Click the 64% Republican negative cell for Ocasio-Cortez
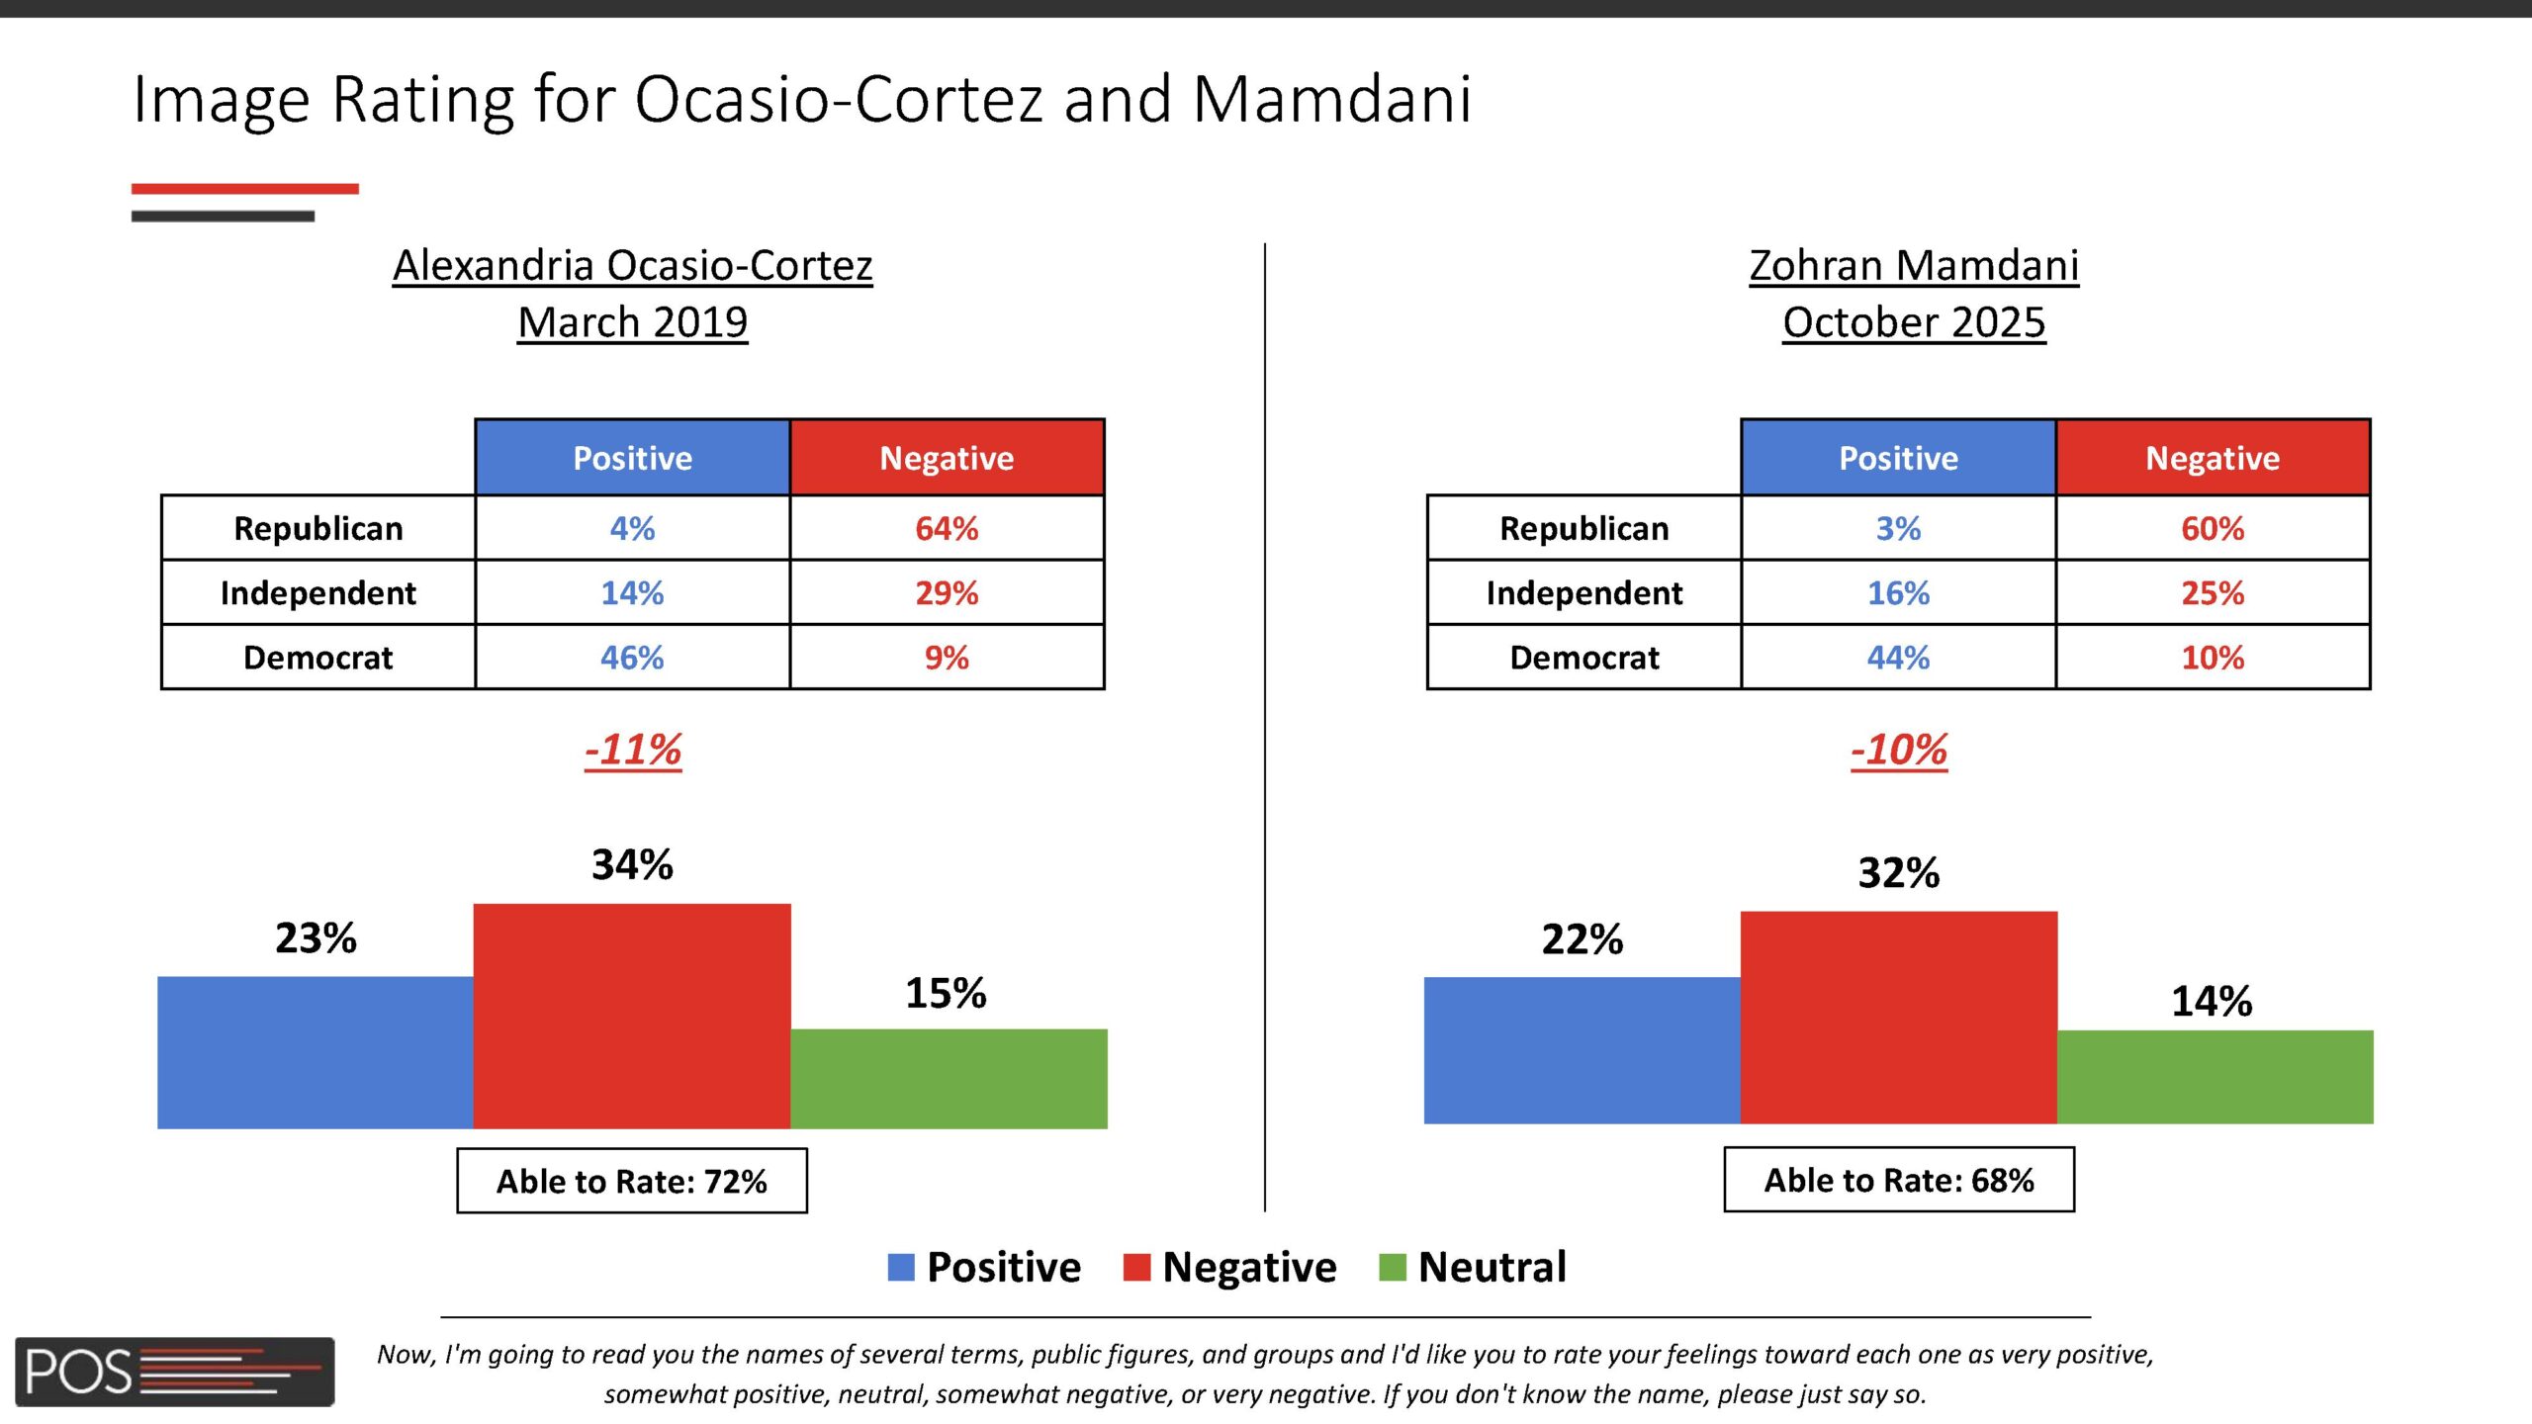coord(947,528)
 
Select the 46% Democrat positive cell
coord(632,658)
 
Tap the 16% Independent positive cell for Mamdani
coord(1898,593)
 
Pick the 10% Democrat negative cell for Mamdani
coord(2213,658)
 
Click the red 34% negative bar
coord(632,1016)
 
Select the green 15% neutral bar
coord(949,1078)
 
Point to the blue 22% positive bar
coord(1582,1050)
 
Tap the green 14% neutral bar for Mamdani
coord(2215,1076)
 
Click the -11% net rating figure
coord(633,750)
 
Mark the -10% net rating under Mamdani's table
coord(1899,750)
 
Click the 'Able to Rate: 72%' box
coord(632,1181)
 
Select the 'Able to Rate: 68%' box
coord(1899,1180)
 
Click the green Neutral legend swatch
coord(1393,1267)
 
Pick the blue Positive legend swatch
coord(901,1267)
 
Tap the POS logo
coord(174,1372)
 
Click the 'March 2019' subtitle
coord(633,322)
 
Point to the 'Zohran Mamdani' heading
coord(1914,265)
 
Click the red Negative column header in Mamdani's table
coord(2213,458)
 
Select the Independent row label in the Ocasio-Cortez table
coord(318,593)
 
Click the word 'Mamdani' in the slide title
coord(1332,100)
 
